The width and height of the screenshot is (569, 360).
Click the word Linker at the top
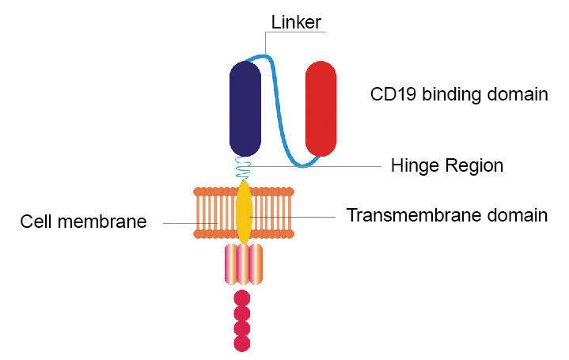295,23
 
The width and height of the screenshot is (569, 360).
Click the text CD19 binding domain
459,94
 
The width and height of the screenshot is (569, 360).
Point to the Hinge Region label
447,165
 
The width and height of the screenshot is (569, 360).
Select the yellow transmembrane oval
245,212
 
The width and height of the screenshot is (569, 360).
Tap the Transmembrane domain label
447,214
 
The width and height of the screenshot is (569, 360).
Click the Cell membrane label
83,222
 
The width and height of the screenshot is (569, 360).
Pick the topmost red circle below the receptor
243,298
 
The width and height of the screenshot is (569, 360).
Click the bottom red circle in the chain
243,343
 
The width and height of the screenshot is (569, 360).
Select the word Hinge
415,166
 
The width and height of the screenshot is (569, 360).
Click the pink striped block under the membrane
244,264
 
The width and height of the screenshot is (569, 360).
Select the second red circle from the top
243,313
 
